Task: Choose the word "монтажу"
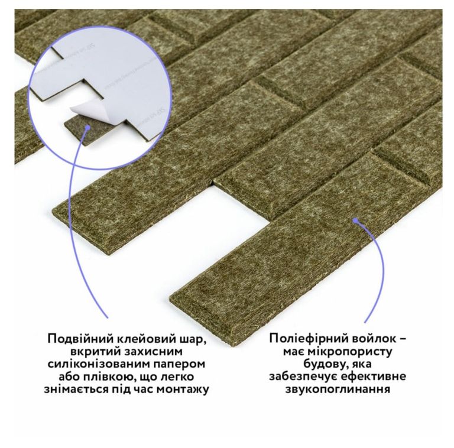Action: (183, 390)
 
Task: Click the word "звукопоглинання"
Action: (338, 389)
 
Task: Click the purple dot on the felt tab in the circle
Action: (87, 127)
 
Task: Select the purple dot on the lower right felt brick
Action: (355, 221)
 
